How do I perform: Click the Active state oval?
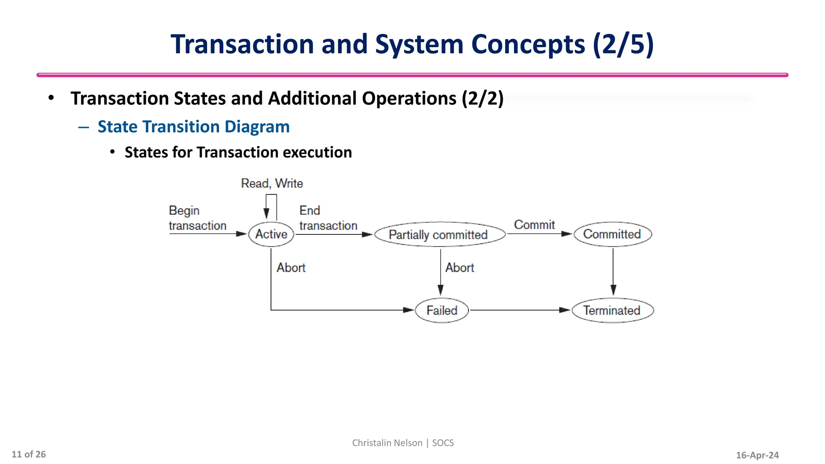271,234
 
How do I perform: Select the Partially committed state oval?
439,234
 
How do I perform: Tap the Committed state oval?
612,234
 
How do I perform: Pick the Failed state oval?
442,310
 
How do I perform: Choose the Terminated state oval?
612,310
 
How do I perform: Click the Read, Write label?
272,184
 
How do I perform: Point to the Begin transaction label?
197,218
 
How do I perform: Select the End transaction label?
328,218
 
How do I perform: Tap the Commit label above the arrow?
534,225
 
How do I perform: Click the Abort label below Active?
291,268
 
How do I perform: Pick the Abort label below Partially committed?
460,268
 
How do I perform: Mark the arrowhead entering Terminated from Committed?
613,290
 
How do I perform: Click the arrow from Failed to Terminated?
520,310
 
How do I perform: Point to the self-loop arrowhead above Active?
266,213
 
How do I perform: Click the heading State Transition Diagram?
193,126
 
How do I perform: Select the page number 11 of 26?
29,454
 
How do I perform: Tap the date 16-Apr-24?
757,455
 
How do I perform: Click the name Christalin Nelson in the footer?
387,443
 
